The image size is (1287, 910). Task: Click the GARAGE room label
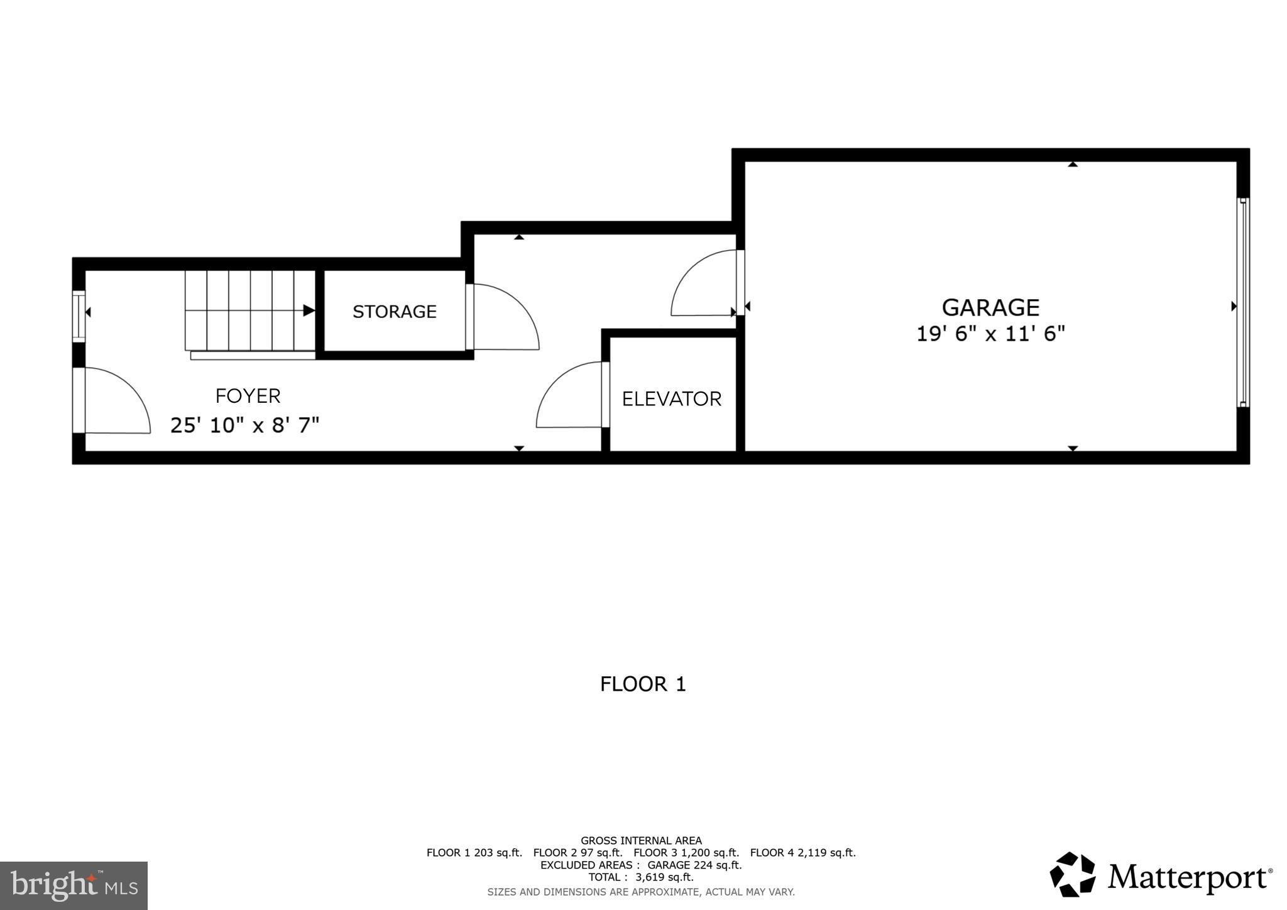pyautogui.click(x=990, y=307)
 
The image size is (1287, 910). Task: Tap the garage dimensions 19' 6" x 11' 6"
pyautogui.click(x=990, y=334)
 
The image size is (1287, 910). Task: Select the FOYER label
pyautogui.click(x=248, y=396)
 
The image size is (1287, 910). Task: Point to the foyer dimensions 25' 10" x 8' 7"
pyautogui.click(x=244, y=425)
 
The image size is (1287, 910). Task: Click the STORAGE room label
pyautogui.click(x=394, y=312)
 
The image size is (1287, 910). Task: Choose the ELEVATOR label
pyautogui.click(x=671, y=399)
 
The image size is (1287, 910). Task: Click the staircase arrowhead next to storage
pyautogui.click(x=309, y=310)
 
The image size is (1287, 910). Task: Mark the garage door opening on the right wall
pyautogui.click(x=1242, y=302)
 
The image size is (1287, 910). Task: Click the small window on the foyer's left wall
pyautogui.click(x=79, y=316)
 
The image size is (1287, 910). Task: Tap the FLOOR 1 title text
pyautogui.click(x=642, y=684)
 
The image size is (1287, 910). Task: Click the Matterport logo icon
pyautogui.click(x=1072, y=874)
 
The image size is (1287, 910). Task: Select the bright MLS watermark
pyautogui.click(x=74, y=885)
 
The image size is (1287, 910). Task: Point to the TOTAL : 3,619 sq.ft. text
pyautogui.click(x=640, y=877)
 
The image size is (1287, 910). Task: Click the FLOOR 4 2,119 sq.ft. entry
pyautogui.click(x=802, y=853)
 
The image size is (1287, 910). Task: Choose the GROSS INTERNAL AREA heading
pyautogui.click(x=640, y=840)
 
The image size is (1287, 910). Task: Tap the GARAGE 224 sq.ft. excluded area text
pyautogui.click(x=694, y=865)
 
